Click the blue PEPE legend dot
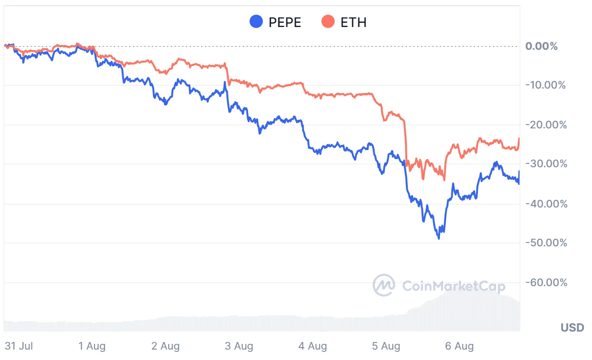coord(256,22)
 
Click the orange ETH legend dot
coord(328,22)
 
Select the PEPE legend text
coord(285,22)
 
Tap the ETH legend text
coord(353,22)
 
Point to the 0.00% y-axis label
coord(541,46)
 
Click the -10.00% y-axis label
coord(546,86)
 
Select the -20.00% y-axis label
coord(546,125)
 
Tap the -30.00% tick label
coord(546,164)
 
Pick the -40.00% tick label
coord(546,204)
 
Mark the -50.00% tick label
coord(546,243)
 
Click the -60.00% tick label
coord(546,283)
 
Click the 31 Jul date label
coord(19,346)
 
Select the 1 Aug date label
coord(92,346)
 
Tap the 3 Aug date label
coord(239,346)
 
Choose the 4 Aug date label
coord(313,346)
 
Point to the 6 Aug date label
coord(459,346)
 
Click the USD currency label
coord(572,327)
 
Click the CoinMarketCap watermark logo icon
coord(384,285)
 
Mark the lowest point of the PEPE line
coord(439,238)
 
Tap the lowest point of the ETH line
coord(444,180)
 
